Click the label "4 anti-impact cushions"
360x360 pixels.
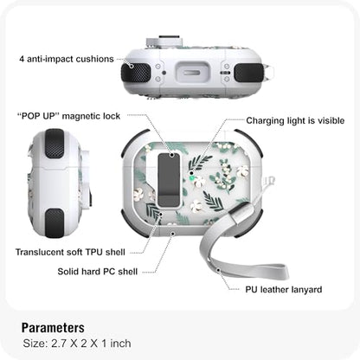[67, 59]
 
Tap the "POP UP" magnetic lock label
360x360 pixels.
[68, 116]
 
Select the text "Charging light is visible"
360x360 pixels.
[295, 120]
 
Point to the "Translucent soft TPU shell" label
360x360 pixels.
[70, 252]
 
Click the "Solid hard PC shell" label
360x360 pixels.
[98, 272]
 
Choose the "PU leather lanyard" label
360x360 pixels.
[284, 290]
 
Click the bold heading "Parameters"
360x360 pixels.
[53, 328]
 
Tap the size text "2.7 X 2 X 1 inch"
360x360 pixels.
[91, 344]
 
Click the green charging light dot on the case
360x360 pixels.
[191, 179]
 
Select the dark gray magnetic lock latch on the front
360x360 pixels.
[169, 180]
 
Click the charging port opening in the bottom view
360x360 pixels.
[191, 73]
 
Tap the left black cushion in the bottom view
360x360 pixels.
[136, 73]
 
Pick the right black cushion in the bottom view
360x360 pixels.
[248, 73]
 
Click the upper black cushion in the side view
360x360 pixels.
[55, 144]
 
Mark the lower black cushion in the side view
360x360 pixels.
[55, 223]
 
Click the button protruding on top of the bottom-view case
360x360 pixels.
[164, 41]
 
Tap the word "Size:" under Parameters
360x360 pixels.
[35, 344]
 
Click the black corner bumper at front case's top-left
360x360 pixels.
[132, 141]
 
